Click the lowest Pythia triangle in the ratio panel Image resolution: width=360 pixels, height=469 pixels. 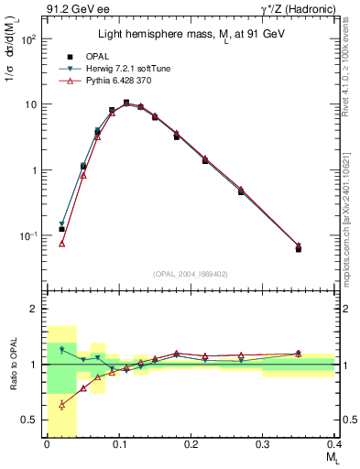[x=61, y=404]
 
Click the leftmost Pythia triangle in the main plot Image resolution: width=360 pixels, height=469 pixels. [x=61, y=244]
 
